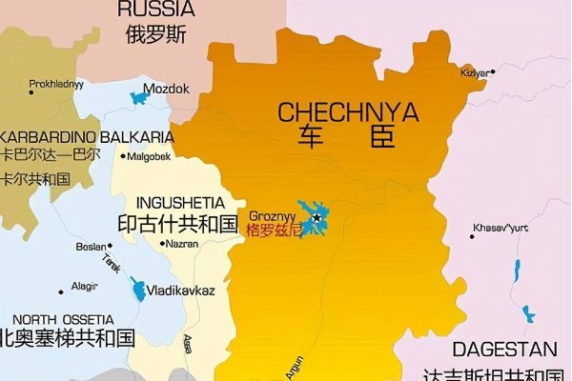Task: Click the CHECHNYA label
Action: pyautogui.click(x=348, y=112)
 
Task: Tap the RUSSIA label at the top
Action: pyautogui.click(x=155, y=10)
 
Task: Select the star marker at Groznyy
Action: pyautogui.click(x=317, y=219)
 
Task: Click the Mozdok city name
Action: pyautogui.click(x=173, y=89)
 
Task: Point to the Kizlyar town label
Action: pyautogui.click(x=476, y=73)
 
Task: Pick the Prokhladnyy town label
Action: pyautogui.click(x=56, y=83)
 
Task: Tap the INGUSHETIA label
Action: pyautogui.click(x=181, y=203)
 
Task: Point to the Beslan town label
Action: pyautogui.click(x=92, y=247)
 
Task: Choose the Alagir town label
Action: pyautogui.click(x=85, y=286)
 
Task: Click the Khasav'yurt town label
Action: pyautogui.click(x=500, y=227)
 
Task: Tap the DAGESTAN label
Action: pyautogui.click(x=504, y=349)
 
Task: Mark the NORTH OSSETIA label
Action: pyautogui.click(x=63, y=319)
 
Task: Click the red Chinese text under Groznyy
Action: pyautogui.click(x=273, y=230)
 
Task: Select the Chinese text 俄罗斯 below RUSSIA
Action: pyautogui.click(x=155, y=35)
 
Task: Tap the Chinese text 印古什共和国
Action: pyautogui.click(x=176, y=225)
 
